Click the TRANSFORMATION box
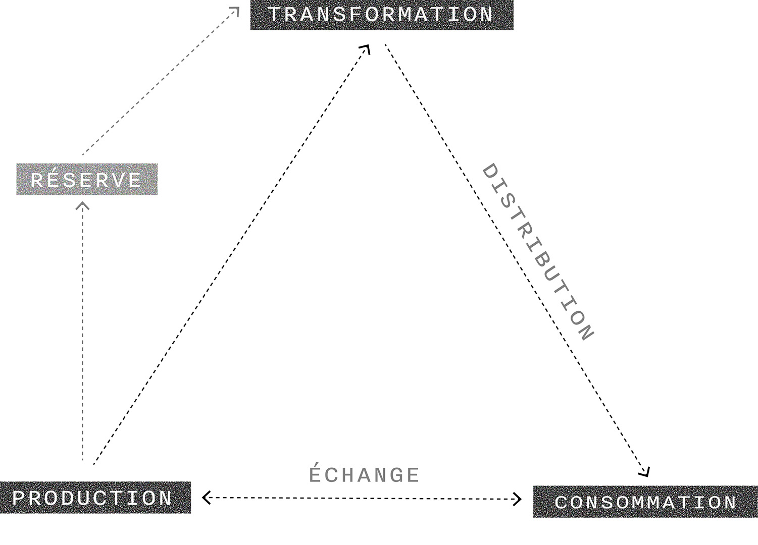[382, 15]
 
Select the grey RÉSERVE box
[87, 179]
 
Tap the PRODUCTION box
[95, 498]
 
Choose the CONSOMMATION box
[645, 502]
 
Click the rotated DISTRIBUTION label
[537, 252]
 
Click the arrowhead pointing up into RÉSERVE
[83, 205]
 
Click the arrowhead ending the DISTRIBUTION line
[645, 472]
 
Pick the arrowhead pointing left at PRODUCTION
[207, 498]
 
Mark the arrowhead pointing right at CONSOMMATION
[517, 500]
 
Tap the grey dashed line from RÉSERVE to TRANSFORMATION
[161, 81]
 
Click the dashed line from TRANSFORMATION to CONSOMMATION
[516, 260]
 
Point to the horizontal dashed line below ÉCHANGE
[362, 499]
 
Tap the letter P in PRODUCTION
[19, 498]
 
